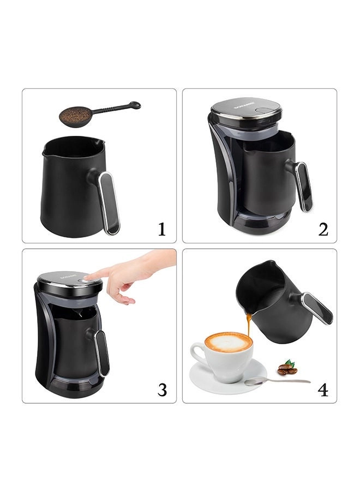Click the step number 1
(161, 230)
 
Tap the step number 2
(323, 230)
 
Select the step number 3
(162, 390)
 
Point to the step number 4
(323, 390)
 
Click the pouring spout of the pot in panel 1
(100, 142)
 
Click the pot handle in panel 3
(102, 354)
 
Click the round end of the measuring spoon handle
(135, 105)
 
